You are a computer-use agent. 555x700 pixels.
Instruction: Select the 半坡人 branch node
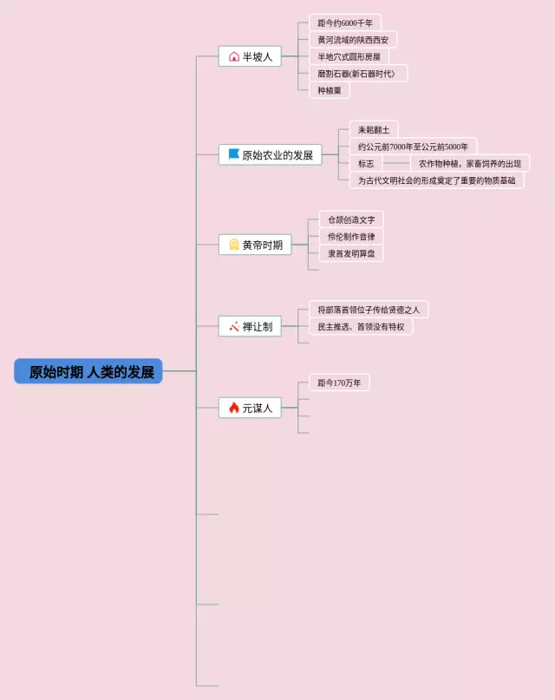click(250, 56)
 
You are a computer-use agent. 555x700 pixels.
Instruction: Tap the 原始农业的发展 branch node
click(270, 155)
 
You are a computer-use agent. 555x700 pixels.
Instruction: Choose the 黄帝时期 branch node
click(254, 245)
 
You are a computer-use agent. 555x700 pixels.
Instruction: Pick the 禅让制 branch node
click(250, 326)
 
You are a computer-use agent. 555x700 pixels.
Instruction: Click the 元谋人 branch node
click(250, 407)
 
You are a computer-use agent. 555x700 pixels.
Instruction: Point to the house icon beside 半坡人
click(234, 56)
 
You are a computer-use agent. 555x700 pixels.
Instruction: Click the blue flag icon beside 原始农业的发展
click(234, 154)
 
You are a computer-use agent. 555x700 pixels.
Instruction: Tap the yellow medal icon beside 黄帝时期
click(234, 245)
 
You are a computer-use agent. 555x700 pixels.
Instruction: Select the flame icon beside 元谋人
click(234, 407)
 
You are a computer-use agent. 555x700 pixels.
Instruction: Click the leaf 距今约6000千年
click(345, 23)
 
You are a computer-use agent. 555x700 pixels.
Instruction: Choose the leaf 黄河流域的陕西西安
click(353, 40)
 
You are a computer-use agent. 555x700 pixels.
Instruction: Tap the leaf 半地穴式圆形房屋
click(349, 56)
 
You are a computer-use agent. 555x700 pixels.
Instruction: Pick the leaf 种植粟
click(330, 90)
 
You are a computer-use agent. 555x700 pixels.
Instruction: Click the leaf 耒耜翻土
click(374, 129)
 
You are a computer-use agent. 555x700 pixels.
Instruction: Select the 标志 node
click(366, 163)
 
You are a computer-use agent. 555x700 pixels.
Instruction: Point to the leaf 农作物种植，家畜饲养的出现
click(470, 163)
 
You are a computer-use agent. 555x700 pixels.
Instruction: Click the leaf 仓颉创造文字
click(351, 219)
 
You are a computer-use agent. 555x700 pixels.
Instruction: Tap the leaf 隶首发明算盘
click(351, 253)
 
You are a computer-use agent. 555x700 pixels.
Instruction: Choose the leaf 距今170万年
click(339, 382)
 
